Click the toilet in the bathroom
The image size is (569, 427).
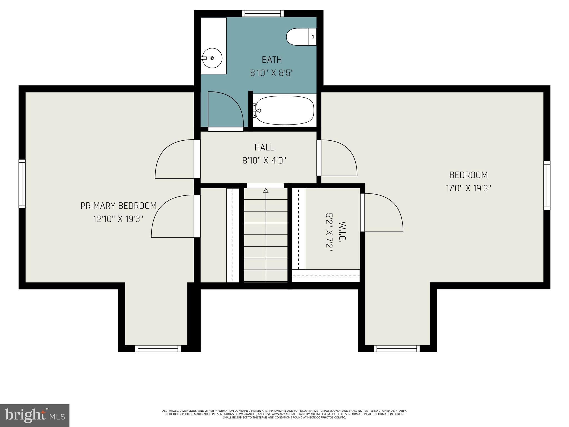pos(301,37)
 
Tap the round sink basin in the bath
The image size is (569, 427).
pos(212,58)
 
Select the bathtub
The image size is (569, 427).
pos(285,110)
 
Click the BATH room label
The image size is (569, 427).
pos(272,60)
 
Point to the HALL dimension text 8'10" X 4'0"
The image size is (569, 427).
pos(264,160)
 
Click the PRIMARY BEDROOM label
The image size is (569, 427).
pos(119,206)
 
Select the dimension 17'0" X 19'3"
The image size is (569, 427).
pos(468,188)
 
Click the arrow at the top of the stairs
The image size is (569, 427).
pos(266,191)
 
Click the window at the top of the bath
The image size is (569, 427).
pos(263,13)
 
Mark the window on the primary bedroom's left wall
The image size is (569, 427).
pos(22,184)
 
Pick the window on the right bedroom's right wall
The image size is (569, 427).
pos(547,185)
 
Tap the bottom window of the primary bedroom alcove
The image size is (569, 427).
pos(158,349)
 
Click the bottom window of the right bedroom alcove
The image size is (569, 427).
pos(397,349)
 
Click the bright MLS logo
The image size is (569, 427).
pos(35,416)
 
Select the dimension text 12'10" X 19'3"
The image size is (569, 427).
pos(119,219)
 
